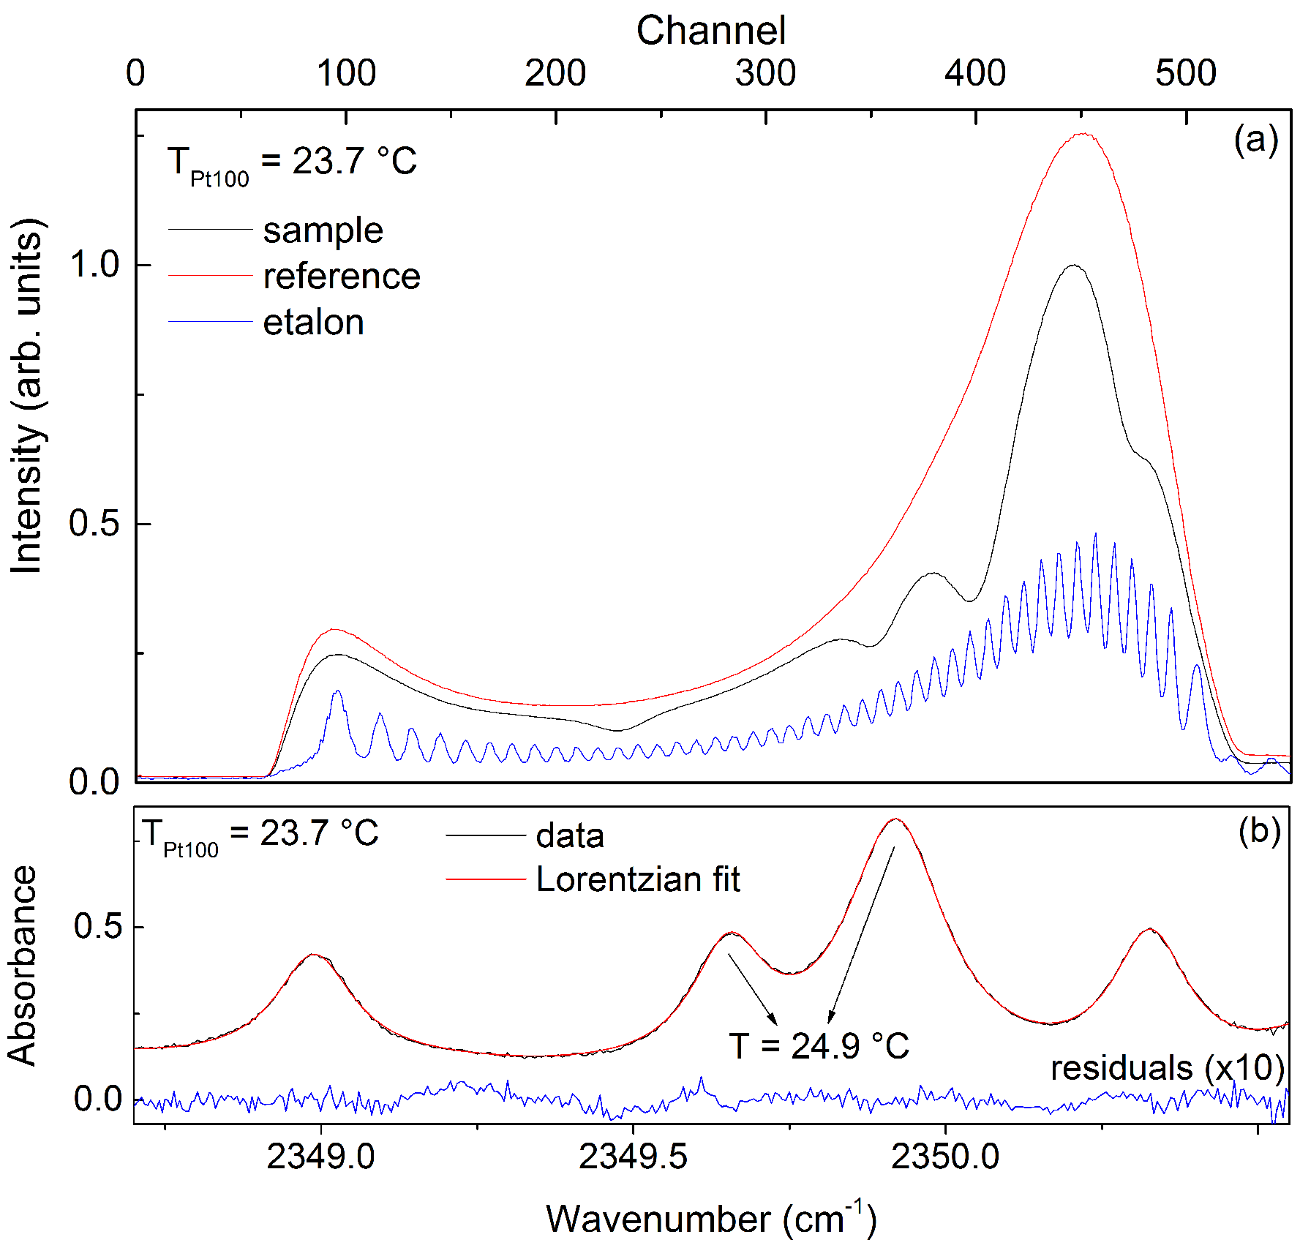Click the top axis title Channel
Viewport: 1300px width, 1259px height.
[710, 31]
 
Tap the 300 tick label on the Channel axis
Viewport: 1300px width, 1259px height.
[765, 73]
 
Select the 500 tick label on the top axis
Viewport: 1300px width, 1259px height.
[1185, 73]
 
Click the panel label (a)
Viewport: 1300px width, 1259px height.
[1255, 139]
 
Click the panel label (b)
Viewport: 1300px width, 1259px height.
[1259, 830]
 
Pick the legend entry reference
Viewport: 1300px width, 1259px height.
[341, 277]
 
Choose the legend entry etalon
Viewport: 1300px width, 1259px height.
[313, 323]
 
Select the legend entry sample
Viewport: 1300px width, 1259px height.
[323, 230]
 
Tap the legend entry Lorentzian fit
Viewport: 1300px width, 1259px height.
[637, 879]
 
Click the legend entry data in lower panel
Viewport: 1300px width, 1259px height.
[569, 835]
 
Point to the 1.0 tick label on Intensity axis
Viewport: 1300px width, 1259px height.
[95, 265]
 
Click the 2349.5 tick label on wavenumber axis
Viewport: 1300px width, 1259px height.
[633, 1157]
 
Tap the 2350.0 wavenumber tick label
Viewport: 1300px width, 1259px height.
[944, 1157]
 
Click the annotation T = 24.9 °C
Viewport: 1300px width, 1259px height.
[818, 1045]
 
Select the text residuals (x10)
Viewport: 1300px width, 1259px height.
[1167, 1068]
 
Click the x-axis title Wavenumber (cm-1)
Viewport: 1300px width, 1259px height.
[710, 1219]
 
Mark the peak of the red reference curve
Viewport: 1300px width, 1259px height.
[1081, 134]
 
